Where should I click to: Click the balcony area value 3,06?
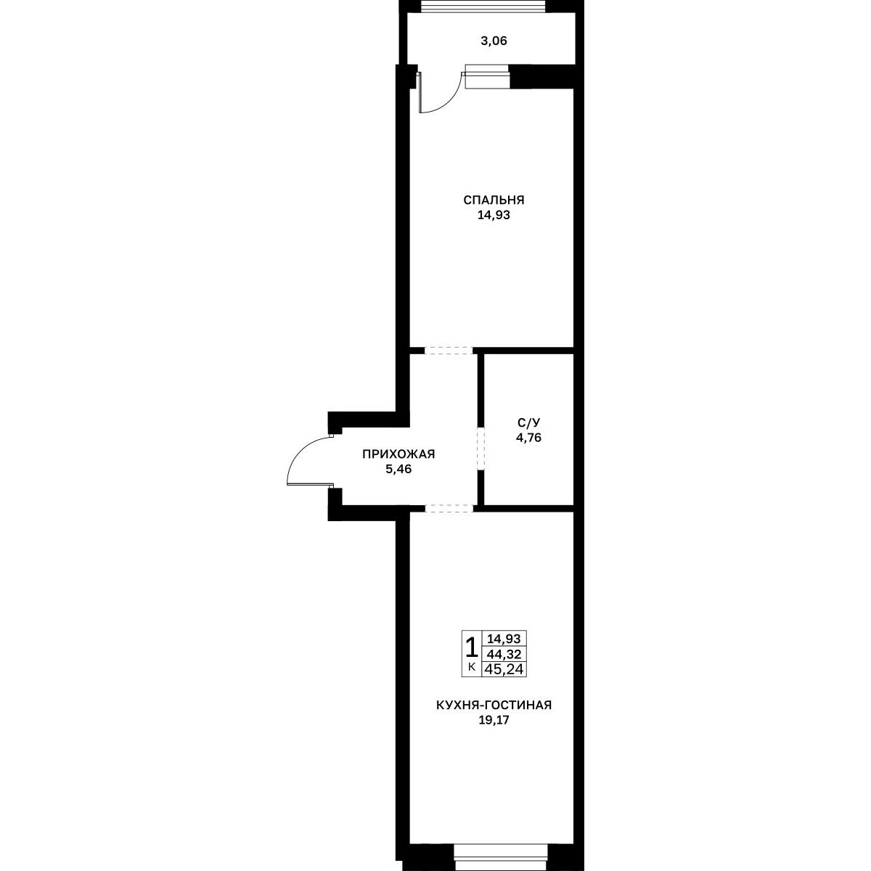(x=494, y=41)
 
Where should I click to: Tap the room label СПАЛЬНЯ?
(x=494, y=200)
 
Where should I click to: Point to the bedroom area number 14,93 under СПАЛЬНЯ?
(x=494, y=215)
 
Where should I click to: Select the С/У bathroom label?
(x=529, y=422)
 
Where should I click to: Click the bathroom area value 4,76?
(x=529, y=438)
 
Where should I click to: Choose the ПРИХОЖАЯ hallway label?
(x=398, y=454)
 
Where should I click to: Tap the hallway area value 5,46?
(x=398, y=469)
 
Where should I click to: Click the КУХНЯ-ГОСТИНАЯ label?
(x=494, y=705)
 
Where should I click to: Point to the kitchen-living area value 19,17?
(x=494, y=721)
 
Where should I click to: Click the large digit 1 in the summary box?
(x=472, y=647)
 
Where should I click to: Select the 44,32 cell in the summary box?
(x=504, y=654)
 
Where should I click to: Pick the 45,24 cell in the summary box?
(x=504, y=669)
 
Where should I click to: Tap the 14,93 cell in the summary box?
(x=504, y=639)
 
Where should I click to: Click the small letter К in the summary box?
(x=472, y=666)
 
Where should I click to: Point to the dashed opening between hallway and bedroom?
(x=449, y=350)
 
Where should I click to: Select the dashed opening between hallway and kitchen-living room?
(x=449, y=508)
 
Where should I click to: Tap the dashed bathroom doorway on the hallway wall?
(x=481, y=449)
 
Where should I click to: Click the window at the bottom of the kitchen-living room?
(x=501, y=863)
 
